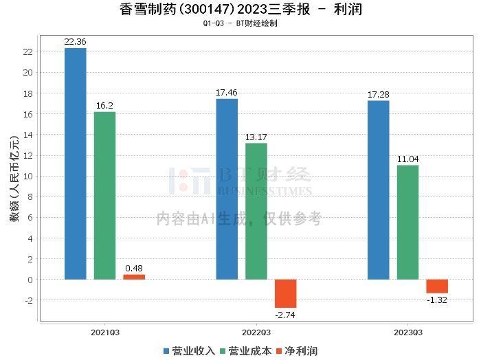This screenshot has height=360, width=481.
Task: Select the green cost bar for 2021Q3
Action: (104, 196)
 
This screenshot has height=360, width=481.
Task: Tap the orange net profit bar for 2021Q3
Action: (134, 277)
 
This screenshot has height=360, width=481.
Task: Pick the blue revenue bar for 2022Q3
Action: (227, 189)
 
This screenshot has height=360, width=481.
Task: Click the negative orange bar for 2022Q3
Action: (286, 293)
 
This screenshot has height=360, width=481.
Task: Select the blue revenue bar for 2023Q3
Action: (379, 190)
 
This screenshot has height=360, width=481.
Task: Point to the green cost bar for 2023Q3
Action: (407, 222)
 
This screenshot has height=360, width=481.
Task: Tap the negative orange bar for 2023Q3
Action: (437, 286)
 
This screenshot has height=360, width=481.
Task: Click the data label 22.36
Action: (75, 42)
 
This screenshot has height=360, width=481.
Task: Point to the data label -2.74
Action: (285, 314)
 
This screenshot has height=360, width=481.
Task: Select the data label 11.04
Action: (407, 159)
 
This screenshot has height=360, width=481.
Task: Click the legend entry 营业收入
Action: (189, 351)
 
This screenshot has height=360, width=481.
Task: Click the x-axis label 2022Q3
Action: (256, 332)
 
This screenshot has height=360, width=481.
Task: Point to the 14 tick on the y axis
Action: (28, 135)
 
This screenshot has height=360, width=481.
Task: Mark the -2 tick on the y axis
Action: (28, 300)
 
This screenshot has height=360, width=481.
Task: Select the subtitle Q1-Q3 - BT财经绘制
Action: (240, 24)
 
